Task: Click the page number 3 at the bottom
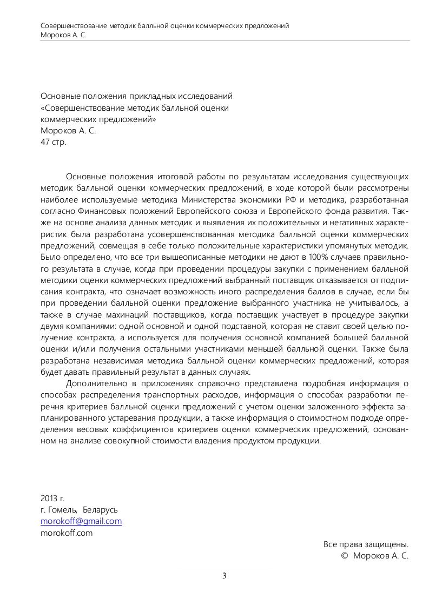[x=224, y=576]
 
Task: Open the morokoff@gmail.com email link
[x=81, y=521]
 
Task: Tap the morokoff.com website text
[x=67, y=533]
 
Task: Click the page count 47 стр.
[x=54, y=142]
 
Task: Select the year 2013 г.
[x=52, y=498]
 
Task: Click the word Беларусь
[x=101, y=510]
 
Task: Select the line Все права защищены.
[x=366, y=544]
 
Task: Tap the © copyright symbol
[x=344, y=556]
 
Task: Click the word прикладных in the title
[x=151, y=96]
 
